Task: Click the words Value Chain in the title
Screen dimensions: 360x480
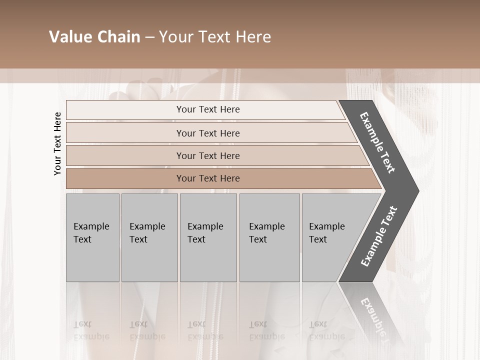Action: pos(94,37)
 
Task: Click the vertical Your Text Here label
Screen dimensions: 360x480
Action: pos(57,143)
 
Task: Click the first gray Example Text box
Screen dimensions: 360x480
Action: pos(92,237)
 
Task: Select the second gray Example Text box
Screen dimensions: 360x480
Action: pos(149,237)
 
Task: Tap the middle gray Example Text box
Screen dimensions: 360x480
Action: pos(208,237)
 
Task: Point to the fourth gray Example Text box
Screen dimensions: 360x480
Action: pos(269,237)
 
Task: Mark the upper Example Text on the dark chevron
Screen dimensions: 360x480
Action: pos(378,142)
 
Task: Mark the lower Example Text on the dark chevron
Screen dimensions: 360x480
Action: pos(379,236)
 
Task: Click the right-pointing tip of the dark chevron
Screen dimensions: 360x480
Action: pos(416,190)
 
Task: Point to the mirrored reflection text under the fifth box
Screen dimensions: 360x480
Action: pos(326,330)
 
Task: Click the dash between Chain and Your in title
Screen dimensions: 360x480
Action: pos(149,37)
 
